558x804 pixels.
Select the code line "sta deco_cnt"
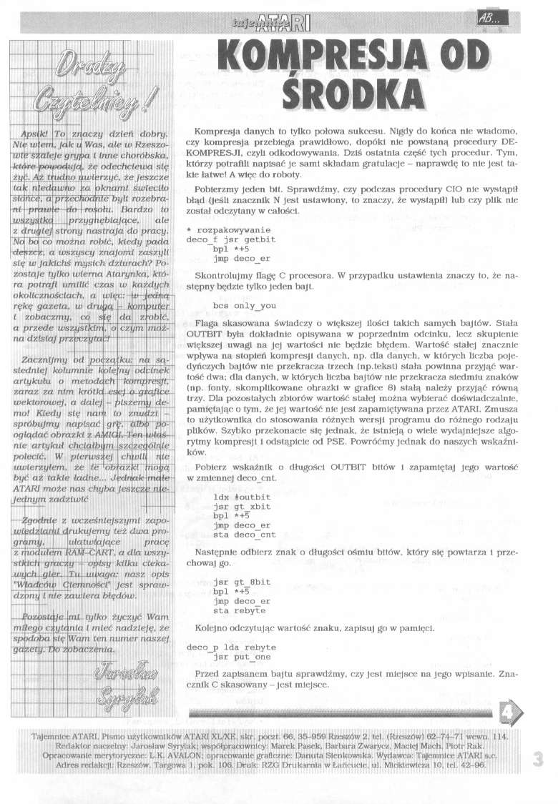tap(244, 533)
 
